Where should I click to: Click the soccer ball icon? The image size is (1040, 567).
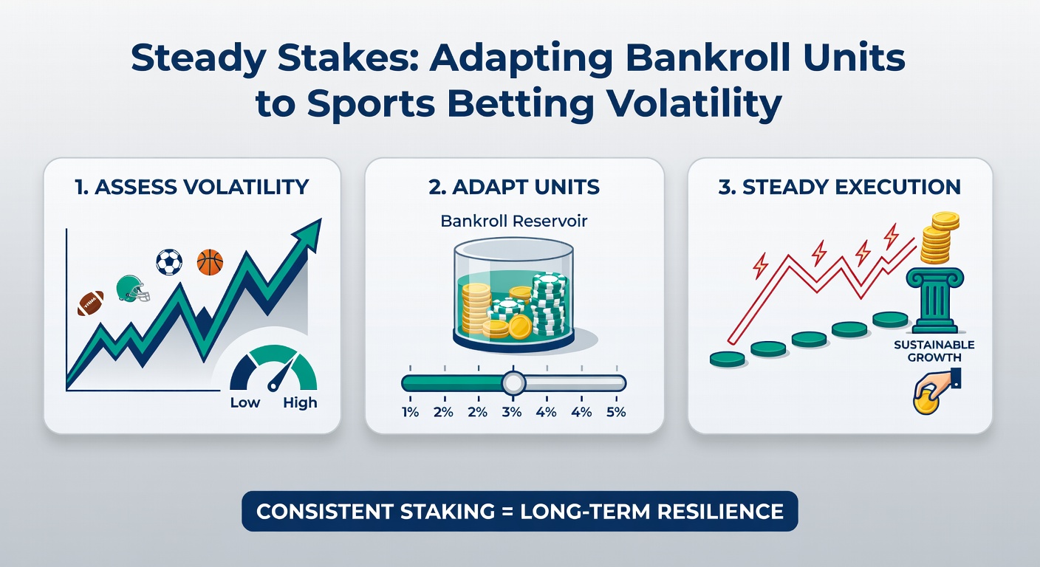pyautogui.click(x=169, y=262)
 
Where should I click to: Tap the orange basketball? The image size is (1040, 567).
pyautogui.click(x=210, y=262)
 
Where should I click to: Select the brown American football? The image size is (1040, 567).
pyautogui.click(x=90, y=303)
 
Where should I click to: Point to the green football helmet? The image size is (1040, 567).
pyautogui.click(x=132, y=289)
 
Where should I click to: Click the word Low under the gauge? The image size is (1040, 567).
pyautogui.click(x=245, y=402)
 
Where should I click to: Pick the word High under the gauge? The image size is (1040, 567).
pyautogui.click(x=300, y=402)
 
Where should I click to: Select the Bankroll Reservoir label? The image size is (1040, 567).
pyautogui.click(x=513, y=221)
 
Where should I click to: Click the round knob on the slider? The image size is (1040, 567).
pyautogui.click(x=513, y=382)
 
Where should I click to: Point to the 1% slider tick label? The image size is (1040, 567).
pyautogui.click(x=410, y=412)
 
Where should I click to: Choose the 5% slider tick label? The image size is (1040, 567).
pyautogui.click(x=615, y=412)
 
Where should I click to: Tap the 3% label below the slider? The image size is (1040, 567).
pyautogui.click(x=513, y=412)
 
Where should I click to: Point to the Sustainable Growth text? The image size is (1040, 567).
pyautogui.click(x=934, y=351)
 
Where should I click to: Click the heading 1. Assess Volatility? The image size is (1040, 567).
pyautogui.click(x=191, y=187)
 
